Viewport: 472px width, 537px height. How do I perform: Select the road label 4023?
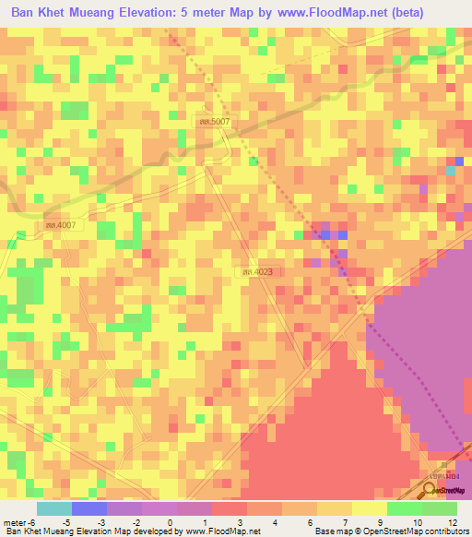[257, 271]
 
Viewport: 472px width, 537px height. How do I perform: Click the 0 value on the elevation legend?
[170, 521]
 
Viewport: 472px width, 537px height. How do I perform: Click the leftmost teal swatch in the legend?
[53, 508]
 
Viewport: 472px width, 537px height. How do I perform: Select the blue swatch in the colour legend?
[88, 508]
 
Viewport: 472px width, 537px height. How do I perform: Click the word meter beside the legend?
[14, 521]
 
